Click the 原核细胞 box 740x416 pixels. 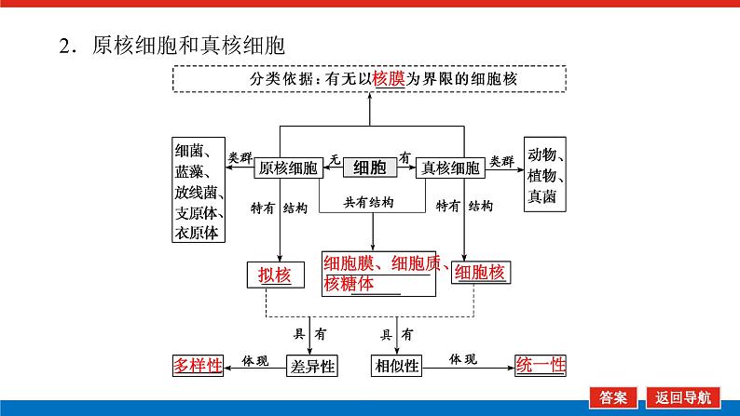288,168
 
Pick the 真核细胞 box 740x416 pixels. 451,168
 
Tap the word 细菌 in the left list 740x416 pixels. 193,151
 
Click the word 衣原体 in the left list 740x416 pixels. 197,234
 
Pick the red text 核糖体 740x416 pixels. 348,284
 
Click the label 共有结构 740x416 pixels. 370,202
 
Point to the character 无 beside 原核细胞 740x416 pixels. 333,159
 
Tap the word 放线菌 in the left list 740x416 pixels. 197,192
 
